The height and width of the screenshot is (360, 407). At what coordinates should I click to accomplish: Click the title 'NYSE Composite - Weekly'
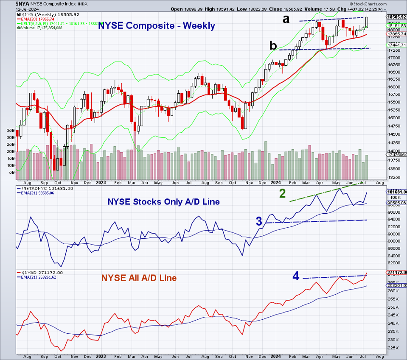[x=157, y=26]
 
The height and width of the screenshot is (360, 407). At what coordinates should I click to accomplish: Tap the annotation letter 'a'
[x=286, y=19]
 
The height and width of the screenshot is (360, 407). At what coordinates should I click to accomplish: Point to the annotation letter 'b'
[x=274, y=46]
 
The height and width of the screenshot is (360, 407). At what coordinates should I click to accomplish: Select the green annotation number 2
[x=282, y=194]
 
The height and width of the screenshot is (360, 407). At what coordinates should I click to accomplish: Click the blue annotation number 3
[x=259, y=221]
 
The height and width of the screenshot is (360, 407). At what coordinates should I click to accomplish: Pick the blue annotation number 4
[x=296, y=276]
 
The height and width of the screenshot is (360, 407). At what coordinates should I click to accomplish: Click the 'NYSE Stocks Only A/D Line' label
[x=164, y=202]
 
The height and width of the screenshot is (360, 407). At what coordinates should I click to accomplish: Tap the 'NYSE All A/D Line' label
[x=139, y=278]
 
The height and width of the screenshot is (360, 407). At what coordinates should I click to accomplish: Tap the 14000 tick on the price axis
[x=394, y=151]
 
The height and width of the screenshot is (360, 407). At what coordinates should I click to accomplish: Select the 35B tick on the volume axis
[x=11, y=131]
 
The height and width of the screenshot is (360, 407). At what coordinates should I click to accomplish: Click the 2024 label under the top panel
[x=276, y=183]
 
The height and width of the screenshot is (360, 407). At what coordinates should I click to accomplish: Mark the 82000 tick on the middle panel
[x=394, y=256]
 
